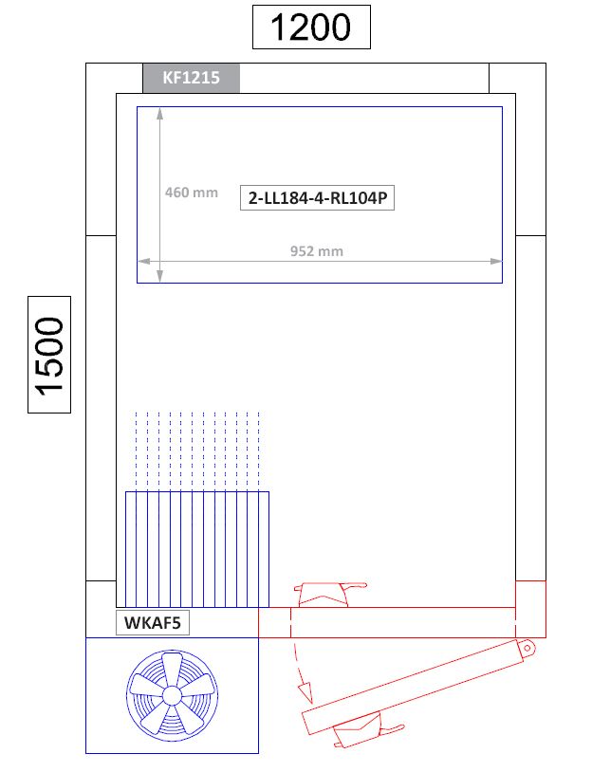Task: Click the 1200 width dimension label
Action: coord(311,28)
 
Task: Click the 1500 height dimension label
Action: coord(49,355)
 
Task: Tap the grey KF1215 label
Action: coord(191,78)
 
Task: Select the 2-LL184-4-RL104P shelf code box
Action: coord(317,198)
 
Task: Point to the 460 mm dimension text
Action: coord(192,192)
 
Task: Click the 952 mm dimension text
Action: coord(317,251)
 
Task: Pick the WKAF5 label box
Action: coord(153,623)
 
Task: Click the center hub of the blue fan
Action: coord(172,696)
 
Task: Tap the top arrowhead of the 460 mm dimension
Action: coord(159,114)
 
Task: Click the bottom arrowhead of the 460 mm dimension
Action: coord(159,276)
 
